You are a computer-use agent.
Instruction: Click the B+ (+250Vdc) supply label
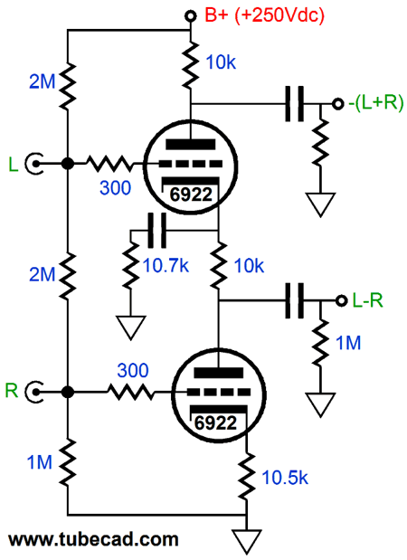pyautogui.click(x=264, y=15)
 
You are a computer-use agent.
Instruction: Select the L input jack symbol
pyautogui.click(x=34, y=164)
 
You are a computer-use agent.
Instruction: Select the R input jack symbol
pyautogui.click(x=34, y=392)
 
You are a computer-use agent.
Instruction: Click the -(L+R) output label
pyautogui.click(x=375, y=103)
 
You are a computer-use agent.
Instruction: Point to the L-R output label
pyautogui.click(x=368, y=300)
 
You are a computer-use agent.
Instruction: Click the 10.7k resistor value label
pyautogui.click(x=166, y=266)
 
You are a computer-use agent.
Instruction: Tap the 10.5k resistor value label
pyautogui.click(x=285, y=477)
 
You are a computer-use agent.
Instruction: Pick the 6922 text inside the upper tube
pyautogui.click(x=191, y=195)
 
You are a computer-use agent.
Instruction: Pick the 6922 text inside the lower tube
pyautogui.click(x=216, y=423)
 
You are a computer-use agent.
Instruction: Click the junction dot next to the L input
pyautogui.click(x=68, y=164)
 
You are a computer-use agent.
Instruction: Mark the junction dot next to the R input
pyautogui.click(x=68, y=392)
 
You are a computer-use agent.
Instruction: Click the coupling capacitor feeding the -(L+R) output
pyautogui.click(x=295, y=103)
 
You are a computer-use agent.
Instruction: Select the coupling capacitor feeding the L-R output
pyautogui.click(x=295, y=300)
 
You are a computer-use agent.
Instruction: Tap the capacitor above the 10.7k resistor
pyautogui.click(x=156, y=231)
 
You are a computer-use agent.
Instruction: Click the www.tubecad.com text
pyautogui.click(x=93, y=539)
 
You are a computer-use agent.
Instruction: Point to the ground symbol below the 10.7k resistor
pyautogui.click(x=131, y=327)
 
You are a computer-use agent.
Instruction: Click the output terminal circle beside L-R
pyautogui.click(x=341, y=300)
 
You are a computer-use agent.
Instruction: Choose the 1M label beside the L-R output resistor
pyautogui.click(x=349, y=342)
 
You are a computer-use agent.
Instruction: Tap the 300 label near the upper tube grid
pyautogui.click(x=115, y=187)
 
